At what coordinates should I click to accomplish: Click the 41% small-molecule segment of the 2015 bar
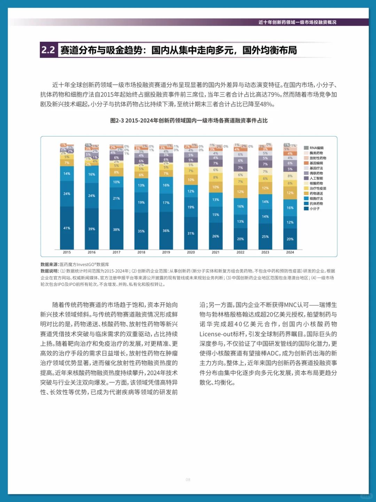pyautogui.click(x=66, y=228)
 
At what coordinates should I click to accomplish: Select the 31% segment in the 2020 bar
pyautogui.click(x=191, y=233)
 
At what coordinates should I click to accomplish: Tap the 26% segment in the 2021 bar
pyautogui.click(x=216, y=236)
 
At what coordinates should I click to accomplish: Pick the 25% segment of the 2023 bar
pyautogui.click(x=265, y=236)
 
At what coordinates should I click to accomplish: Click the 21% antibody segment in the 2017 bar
pyautogui.click(x=116, y=198)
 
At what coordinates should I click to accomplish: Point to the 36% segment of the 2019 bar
pyautogui.click(x=166, y=230)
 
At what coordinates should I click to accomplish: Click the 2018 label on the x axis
pyautogui.click(x=141, y=252)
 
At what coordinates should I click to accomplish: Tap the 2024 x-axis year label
pyautogui.click(x=290, y=252)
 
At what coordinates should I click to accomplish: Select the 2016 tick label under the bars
pyautogui.click(x=92, y=252)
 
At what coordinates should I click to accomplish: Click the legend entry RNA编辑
pyautogui.click(x=316, y=148)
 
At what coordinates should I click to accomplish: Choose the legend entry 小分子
pyautogui.click(x=314, y=209)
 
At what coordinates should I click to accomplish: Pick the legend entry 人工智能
pyautogui.click(x=316, y=178)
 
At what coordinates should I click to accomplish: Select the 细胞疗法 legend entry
pyautogui.click(x=316, y=198)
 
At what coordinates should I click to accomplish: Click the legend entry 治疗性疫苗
pyautogui.click(x=318, y=188)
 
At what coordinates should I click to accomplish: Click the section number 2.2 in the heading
pyautogui.click(x=48, y=50)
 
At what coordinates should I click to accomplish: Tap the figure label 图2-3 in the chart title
pyautogui.click(x=117, y=120)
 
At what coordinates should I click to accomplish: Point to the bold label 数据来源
pyautogui.click(x=49, y=265)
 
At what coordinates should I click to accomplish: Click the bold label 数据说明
pyautogui.click(x=49, y=271)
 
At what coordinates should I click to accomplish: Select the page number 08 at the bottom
pyautogui.click(x=188, y=480)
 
